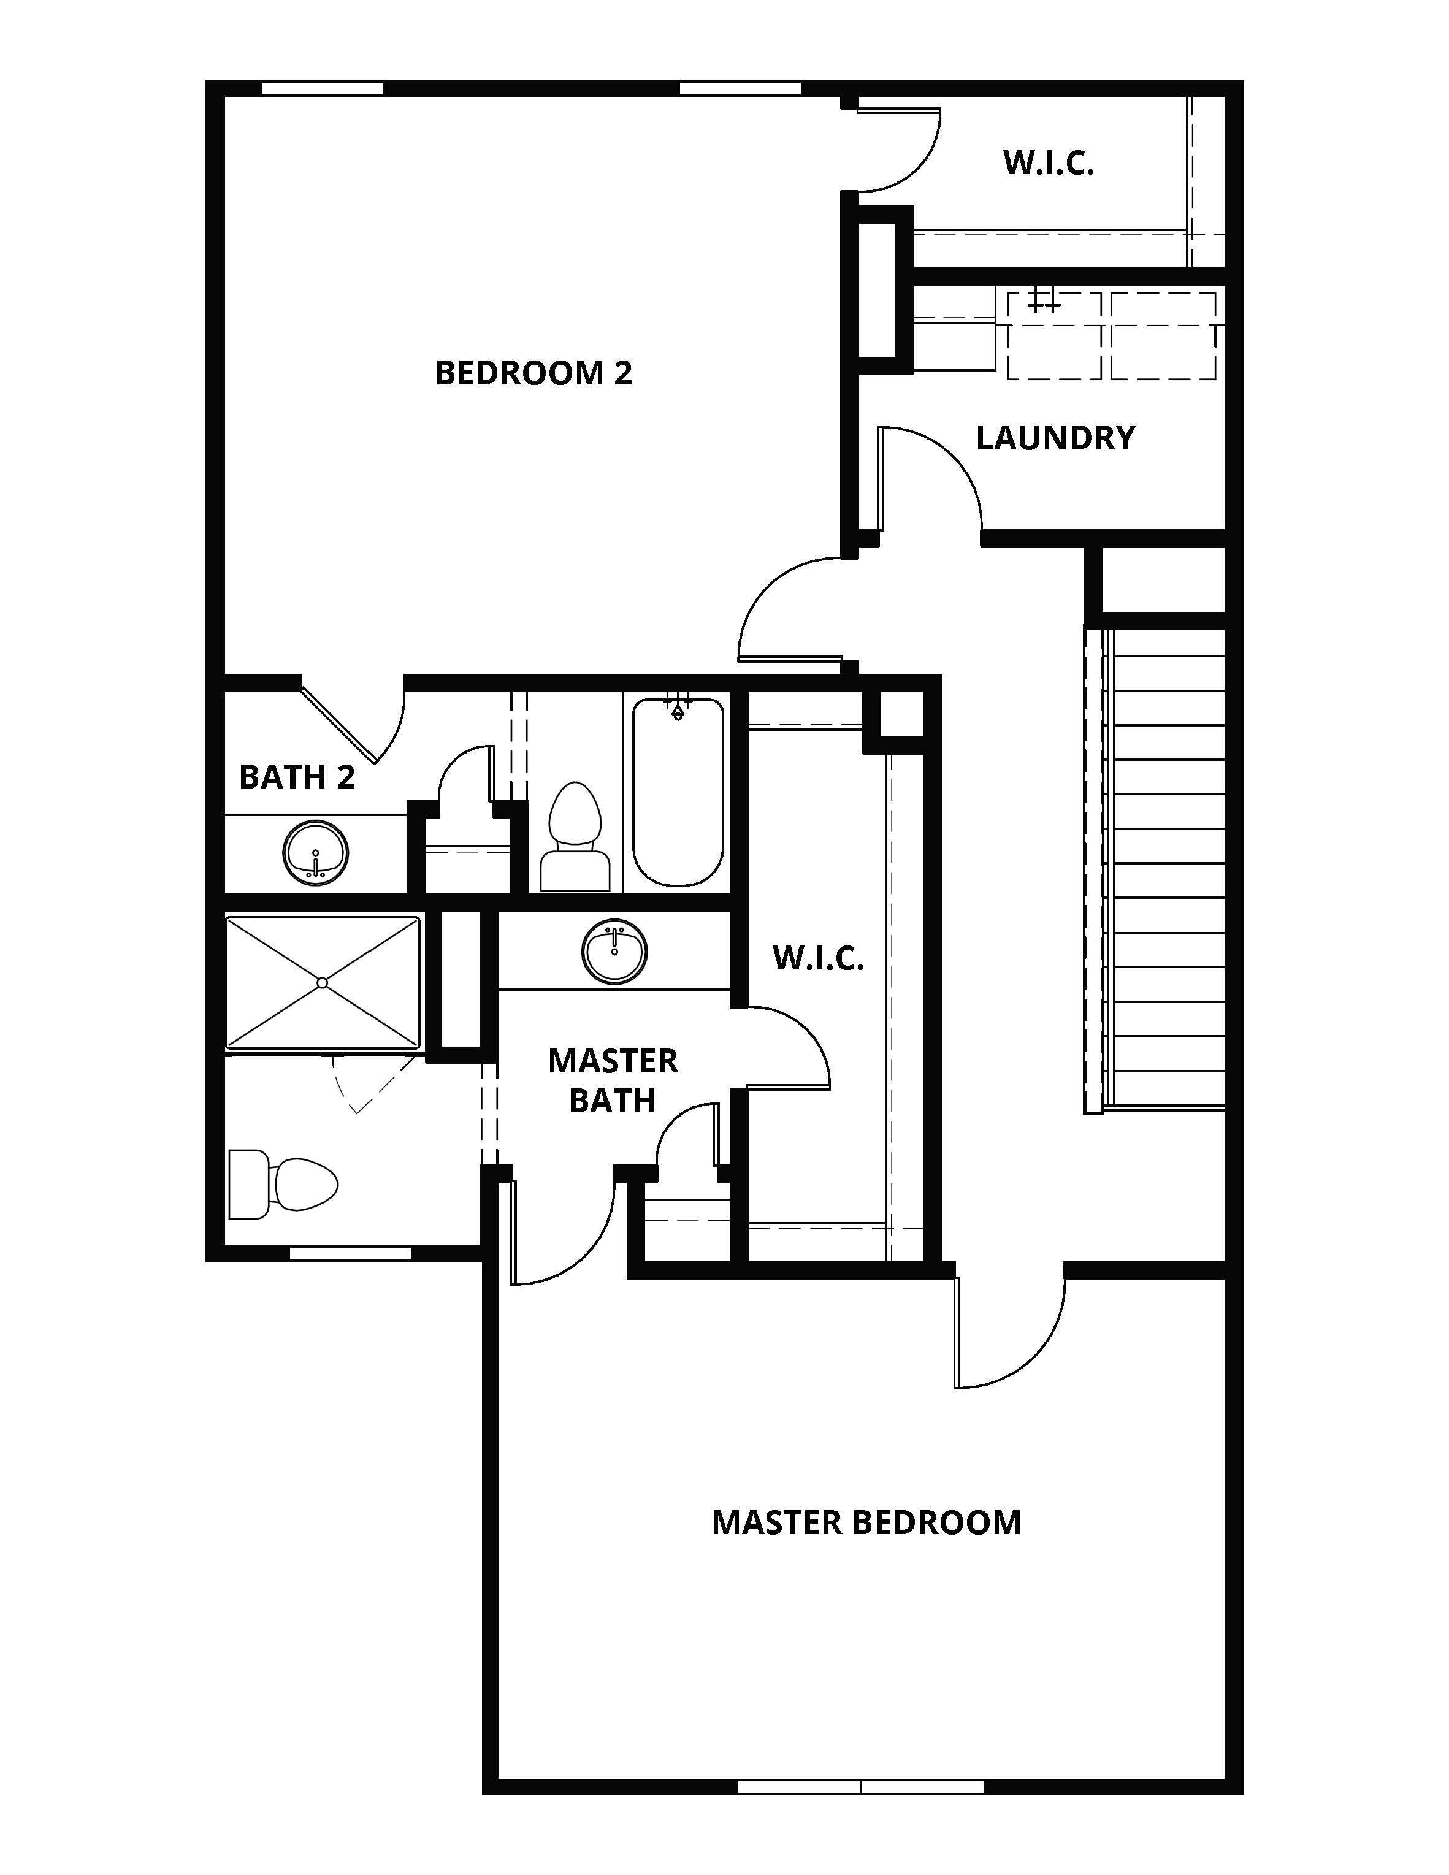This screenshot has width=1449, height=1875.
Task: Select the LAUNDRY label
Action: point(1055,438)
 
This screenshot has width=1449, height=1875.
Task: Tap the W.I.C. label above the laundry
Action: point(1048,163)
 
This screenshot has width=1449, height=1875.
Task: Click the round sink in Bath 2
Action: point(316,852)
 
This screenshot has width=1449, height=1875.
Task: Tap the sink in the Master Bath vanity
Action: point(614,951)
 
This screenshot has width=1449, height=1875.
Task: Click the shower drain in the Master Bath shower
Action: point(322,983)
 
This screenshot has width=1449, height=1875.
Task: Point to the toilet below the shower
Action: point(283,1185)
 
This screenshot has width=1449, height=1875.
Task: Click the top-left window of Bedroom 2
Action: point(322,88)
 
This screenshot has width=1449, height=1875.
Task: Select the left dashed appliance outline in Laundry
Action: point(1054,335)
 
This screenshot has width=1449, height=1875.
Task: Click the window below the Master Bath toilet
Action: point(350,1253)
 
